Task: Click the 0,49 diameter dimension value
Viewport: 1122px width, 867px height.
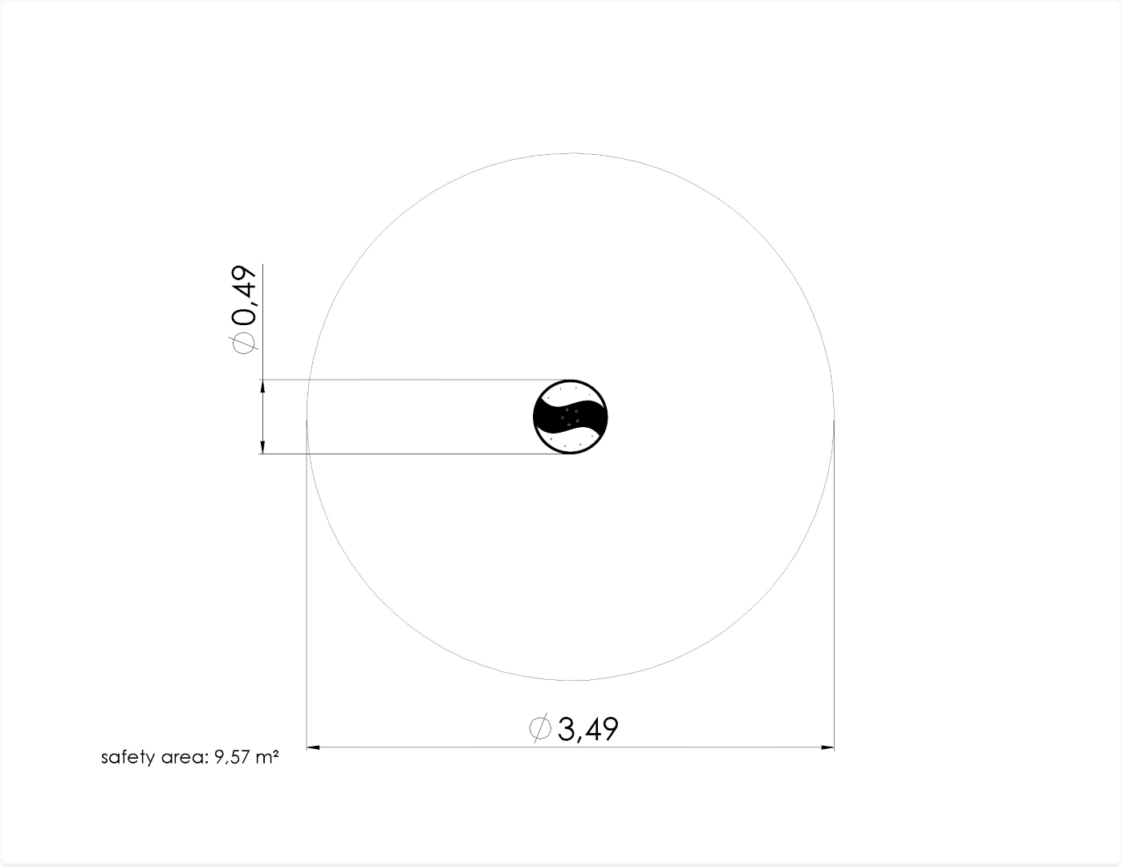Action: pyautogui.click(x=244, y=296)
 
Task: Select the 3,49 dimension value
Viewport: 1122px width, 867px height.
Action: pyautogui.click(x=588, y=729)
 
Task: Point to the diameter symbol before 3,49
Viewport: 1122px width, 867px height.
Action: pyautogui.click(x=540, y=729)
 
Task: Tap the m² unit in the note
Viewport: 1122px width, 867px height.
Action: pyautogui.click(x=267, y=757)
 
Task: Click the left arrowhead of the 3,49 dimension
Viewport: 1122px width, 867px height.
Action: pyautogui.click(x=314, y=747)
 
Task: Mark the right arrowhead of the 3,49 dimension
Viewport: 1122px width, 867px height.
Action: pyautogui.click(x=827, y=747)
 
